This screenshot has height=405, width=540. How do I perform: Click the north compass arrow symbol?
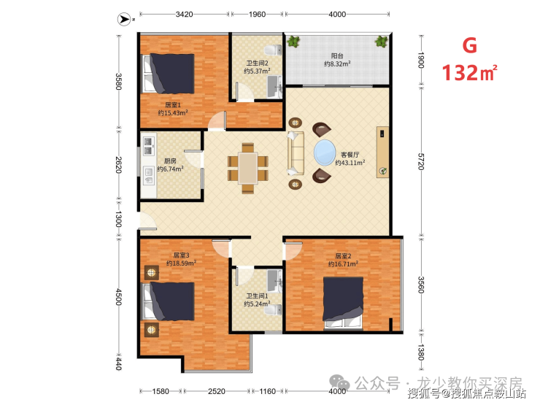coord(124,19)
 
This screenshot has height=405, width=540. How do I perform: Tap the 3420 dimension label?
coord(184,14)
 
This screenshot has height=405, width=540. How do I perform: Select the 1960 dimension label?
coord(258,14)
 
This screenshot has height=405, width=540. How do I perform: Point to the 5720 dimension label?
coord(421,161)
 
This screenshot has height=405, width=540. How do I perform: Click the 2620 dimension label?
coord(118,165)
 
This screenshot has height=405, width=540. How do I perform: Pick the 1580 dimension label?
coord(161,391)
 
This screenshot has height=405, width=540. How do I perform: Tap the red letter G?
coord(469,45)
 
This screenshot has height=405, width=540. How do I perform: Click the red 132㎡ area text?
coord(469,73)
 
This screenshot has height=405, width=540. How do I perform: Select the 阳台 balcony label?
coord(337,55)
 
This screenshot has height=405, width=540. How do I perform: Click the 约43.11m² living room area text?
coord(350,163)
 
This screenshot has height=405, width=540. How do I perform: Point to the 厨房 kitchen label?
coord(170,161)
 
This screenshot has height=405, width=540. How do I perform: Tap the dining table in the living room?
coord(248,168)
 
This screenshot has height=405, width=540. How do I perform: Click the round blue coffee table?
coord(325,152)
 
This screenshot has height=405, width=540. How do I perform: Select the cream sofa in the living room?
coord(296,153)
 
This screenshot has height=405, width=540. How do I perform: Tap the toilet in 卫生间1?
coord(274,309)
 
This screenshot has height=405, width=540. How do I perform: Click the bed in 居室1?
coord(169,74)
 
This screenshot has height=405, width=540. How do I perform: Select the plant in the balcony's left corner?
coord(293,42)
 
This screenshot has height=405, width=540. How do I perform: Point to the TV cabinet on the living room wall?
coord(382,152)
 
